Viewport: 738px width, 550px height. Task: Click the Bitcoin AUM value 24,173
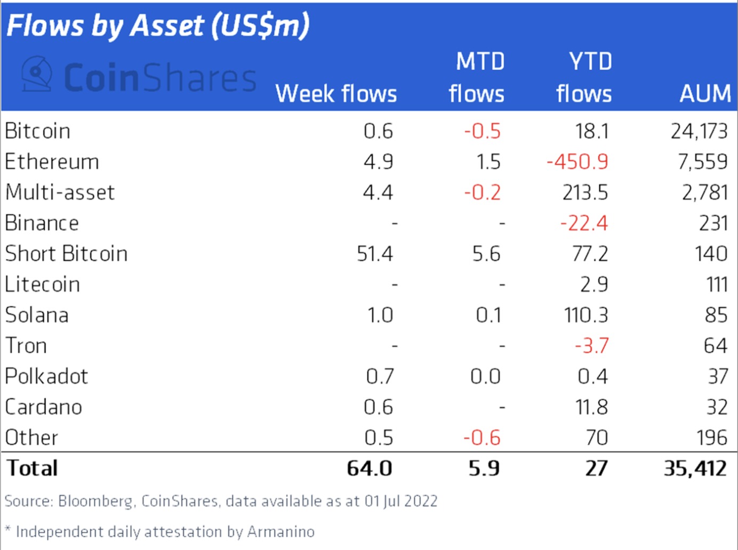699,131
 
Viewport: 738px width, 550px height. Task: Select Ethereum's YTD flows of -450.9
577,162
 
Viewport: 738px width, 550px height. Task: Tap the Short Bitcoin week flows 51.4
374,254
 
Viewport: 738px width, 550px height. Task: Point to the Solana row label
37,316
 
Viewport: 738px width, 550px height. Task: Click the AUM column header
705,94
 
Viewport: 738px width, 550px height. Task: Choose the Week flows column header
336,94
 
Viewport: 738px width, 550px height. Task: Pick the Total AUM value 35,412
695,468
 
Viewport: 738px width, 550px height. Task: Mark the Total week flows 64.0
369,468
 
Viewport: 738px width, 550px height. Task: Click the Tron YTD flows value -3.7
591,346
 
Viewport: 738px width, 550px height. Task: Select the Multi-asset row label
60,193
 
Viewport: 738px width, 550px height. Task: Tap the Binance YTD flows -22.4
584,223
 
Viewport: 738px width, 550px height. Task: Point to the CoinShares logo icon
37,74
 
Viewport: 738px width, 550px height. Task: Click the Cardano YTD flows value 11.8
591,408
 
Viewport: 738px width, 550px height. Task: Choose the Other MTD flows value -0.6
482,438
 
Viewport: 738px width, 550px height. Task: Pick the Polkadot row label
46,377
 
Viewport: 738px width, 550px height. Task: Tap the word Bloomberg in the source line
95,502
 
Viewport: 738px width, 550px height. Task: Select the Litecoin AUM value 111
717,285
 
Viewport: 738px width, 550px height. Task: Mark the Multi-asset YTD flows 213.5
585,193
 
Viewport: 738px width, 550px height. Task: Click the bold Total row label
32,468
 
